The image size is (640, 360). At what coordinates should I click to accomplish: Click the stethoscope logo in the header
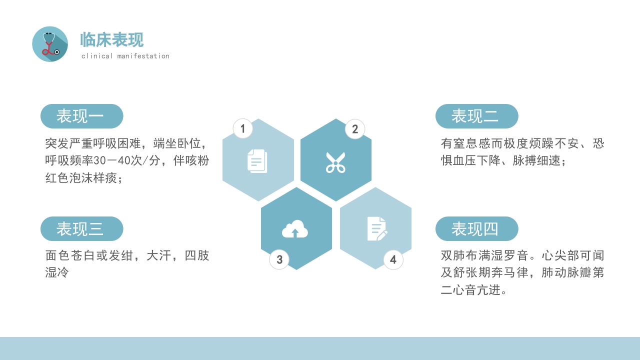tap(50, 44)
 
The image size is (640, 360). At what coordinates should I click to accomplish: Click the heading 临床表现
tap(112, 40)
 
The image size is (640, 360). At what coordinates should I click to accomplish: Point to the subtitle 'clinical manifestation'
tap(125, 56)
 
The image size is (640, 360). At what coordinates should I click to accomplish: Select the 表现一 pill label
tap(81, 116)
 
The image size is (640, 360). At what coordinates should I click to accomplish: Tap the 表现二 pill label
tap(476, 116)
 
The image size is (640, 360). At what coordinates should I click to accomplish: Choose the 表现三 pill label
tap(81, 229)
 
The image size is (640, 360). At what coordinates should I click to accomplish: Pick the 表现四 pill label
tap(476, 229)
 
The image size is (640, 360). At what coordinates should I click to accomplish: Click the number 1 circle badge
tap(243, 129)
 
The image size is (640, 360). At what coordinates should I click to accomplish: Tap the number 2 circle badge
tap(355, 129)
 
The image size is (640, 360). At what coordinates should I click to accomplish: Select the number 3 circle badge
tap(279, 260)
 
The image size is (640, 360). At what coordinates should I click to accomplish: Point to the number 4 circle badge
tap(393, 260)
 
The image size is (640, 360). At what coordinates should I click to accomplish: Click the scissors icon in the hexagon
tap(335, 162)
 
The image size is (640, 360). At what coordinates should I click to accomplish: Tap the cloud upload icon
tap(295, 229)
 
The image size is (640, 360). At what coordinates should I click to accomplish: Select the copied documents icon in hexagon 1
tap(257, 161)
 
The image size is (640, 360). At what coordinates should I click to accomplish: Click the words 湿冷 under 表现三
tap(57, 273)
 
